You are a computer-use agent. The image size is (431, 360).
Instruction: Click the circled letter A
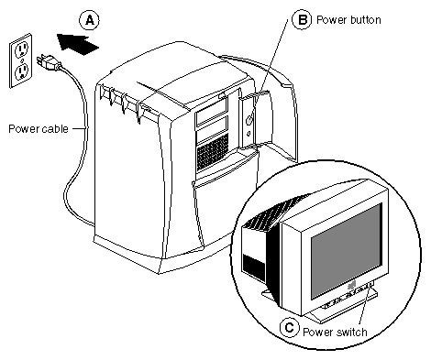click(89, 20)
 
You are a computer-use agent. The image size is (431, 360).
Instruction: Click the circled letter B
click(302, 19)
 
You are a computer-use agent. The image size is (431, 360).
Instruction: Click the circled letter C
click(289, 328)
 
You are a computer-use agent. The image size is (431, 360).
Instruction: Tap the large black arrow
click(78, 44)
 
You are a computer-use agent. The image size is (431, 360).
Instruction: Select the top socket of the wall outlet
click(21, 49)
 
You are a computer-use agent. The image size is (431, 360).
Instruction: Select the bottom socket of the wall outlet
click(22, 71)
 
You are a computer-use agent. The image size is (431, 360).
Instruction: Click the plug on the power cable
click(49, 61)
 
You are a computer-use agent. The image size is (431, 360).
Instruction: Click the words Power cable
click(39, 129)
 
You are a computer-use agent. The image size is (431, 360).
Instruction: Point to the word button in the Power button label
click(363, 20)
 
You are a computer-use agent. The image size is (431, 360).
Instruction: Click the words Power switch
click(335, 332)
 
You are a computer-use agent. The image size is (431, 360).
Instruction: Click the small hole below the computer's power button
click(249, 134)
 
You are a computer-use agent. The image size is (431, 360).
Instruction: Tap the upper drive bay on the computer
click(211, 113)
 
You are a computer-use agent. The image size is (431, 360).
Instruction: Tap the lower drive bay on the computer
click(212, 131)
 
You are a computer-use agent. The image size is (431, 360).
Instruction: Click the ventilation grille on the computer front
click(213, 153)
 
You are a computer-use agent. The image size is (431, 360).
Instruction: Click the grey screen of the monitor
click(347, 251)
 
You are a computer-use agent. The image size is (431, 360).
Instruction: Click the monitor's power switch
click(371, 285)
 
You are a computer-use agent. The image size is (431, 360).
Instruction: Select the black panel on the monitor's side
click(253, 267)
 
